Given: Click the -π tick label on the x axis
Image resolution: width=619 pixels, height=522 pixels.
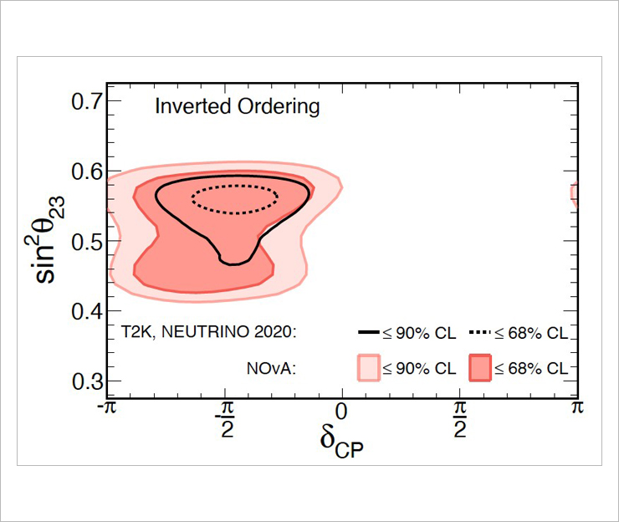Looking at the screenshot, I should [106, 408].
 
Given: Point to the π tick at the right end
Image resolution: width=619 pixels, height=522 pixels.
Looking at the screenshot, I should [576, 408].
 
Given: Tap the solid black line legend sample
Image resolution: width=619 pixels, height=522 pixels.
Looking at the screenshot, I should [370, 333].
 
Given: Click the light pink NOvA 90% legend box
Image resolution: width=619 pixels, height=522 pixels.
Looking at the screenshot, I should [370, 367].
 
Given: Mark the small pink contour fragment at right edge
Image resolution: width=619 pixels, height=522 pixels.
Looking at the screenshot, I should [574, 193].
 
